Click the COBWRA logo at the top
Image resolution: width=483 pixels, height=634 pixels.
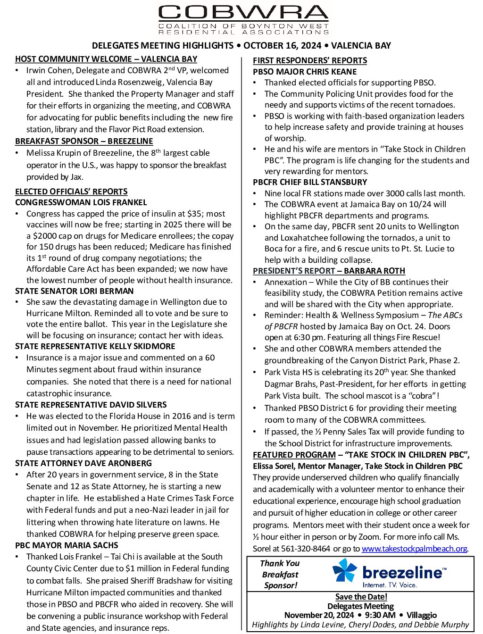click(243, 19)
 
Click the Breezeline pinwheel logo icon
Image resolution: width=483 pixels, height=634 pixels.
click(345, 571)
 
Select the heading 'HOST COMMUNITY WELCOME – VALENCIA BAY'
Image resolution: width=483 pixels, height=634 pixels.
click(106, 59)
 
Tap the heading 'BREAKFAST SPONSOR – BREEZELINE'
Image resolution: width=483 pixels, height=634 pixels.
click(84, 141)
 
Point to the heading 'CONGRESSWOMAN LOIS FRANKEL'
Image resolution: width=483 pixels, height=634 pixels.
click(81, 202)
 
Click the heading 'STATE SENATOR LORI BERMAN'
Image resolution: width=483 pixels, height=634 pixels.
click(75, 291)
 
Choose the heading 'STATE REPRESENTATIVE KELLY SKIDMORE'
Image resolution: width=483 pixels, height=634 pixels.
click(95, 346)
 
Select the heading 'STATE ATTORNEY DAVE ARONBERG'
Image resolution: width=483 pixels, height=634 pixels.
click(83, 463)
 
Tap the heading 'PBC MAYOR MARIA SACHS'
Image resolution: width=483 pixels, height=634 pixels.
click(67, 545)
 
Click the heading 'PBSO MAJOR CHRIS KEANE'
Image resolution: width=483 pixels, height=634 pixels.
click(305, 72)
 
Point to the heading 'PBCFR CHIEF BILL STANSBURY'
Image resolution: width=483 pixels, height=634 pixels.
click(310, 182)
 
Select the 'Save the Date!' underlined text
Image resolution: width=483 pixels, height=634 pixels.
click(361, 597)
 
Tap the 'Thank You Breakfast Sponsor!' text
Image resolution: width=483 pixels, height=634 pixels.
click(280, 574)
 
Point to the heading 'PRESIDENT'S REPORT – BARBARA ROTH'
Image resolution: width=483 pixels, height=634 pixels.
click(329, 271)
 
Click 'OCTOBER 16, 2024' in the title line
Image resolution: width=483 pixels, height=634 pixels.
click(283, 45)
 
